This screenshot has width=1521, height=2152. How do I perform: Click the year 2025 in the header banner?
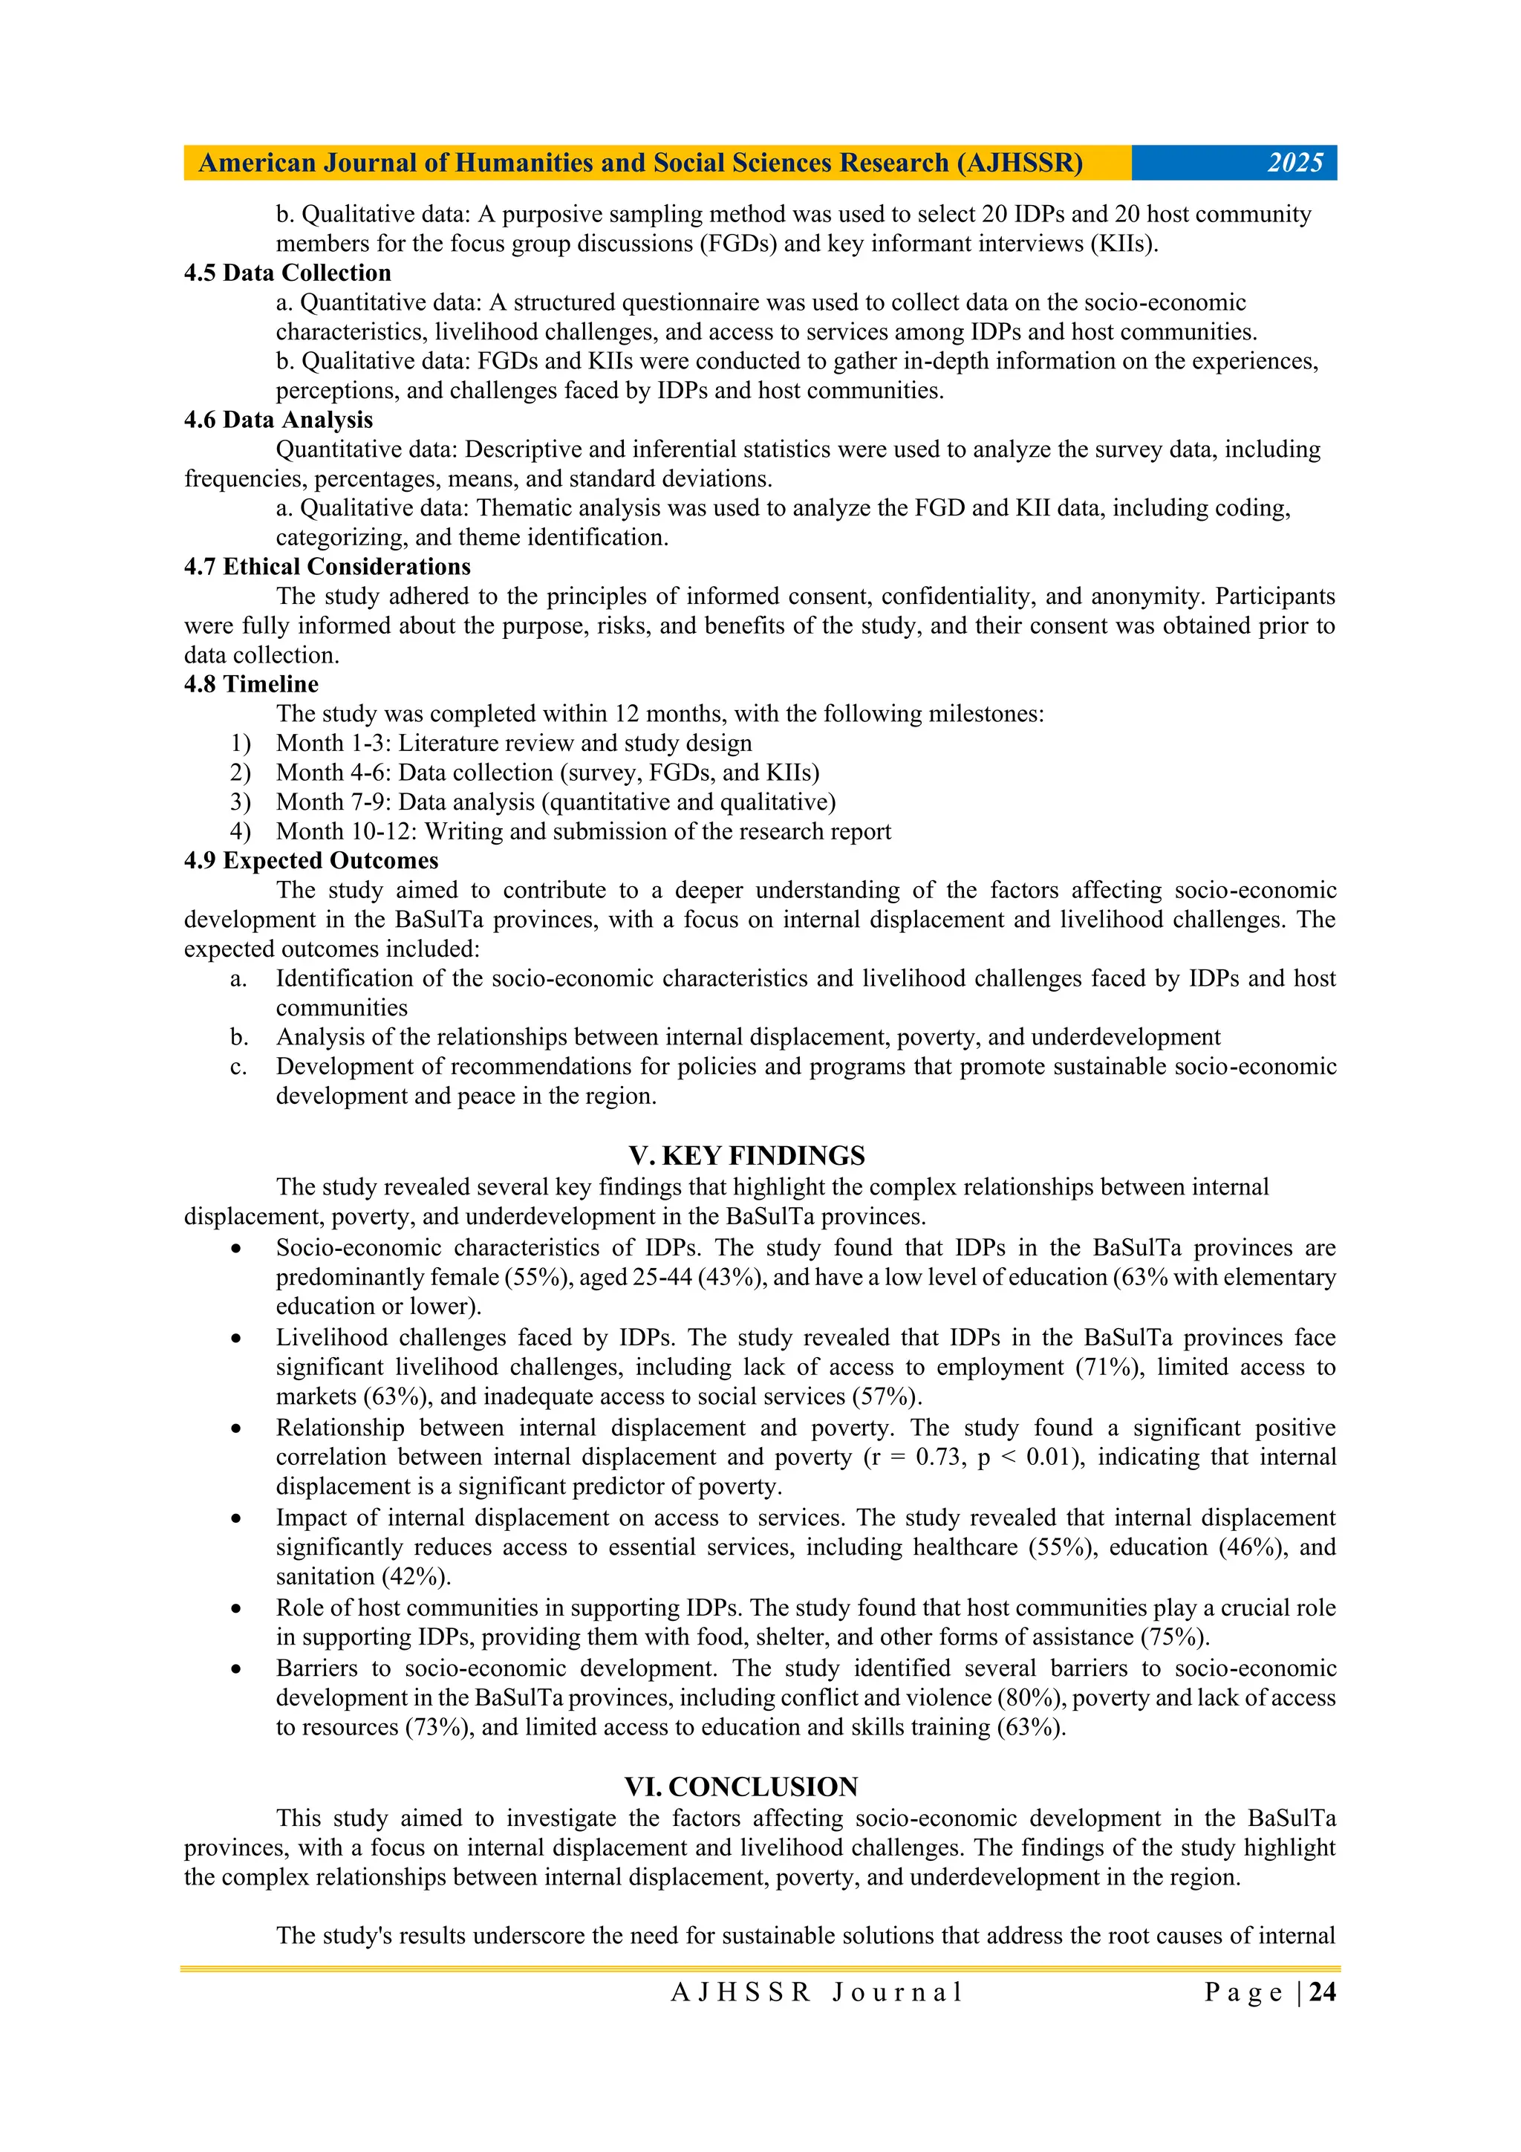1294,163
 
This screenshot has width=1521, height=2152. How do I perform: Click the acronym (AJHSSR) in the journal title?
1020,163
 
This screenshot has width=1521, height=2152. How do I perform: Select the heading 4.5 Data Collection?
287,273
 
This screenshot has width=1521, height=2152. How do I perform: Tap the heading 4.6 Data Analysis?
279,420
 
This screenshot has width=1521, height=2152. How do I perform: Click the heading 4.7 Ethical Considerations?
327,567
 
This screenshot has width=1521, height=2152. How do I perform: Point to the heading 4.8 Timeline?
251,684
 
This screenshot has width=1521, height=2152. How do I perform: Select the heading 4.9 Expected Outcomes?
311,860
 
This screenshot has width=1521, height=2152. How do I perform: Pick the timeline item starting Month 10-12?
583,831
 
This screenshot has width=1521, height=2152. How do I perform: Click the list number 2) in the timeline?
241,773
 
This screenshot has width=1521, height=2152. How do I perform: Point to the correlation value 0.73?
937,1457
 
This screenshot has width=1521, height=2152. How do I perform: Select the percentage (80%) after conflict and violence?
1032,1697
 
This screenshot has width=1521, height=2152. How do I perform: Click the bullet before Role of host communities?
237,1608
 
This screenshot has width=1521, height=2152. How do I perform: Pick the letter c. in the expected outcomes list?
239,1067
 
